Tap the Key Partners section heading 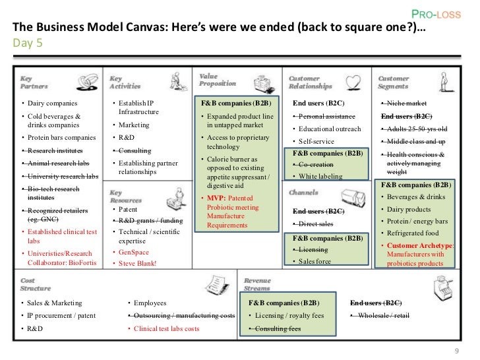[x=30, y=82]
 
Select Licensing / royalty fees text [x=288, y=316]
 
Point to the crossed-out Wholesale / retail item [x=383, y=316]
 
